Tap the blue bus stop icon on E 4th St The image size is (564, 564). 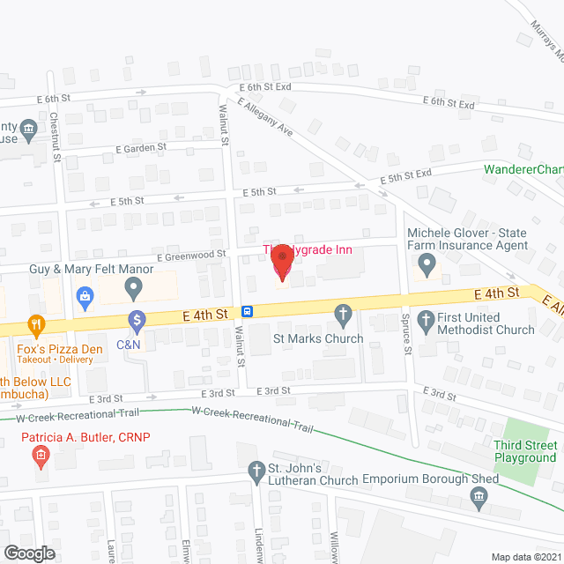click(249, 311)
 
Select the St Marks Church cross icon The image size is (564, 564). click(344, 314)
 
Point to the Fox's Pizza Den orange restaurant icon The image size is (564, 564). click(35, 325)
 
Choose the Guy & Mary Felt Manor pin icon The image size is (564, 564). click(133, 286)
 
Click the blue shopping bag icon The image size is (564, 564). click(85, 295)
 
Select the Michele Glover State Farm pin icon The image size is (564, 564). click(427, 263)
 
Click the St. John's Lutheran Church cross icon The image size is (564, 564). click(256, 470)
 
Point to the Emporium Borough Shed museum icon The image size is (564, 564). click(478, 500)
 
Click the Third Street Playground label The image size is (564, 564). click(525, 452)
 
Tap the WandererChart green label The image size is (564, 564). click(523, 169)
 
